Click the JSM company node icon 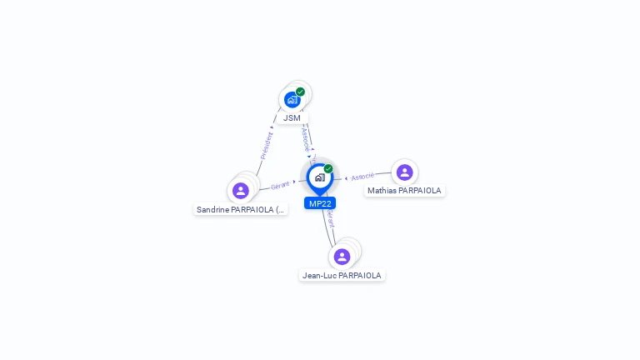[x=292, y=100]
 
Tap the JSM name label [x=292, y=118]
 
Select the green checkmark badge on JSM [x=300, y=92]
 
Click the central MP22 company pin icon [x=319, y=177]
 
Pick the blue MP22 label [x=320, y=203]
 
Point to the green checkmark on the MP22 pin [x=328, y=169]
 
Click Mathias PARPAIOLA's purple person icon [x=404, y=172]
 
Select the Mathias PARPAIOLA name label [x=404, y=191]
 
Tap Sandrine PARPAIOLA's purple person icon [x=241, y=191]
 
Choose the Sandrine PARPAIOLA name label [x=241, y=210]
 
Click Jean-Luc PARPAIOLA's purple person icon [x=342, y=257]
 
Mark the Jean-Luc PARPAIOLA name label [x=342, y=276]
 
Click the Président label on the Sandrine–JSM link [x=267, y=144]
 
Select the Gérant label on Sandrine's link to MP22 [x=280, y=185]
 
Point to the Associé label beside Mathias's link [x=362, y=177]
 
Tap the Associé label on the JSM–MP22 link [x=305, y=138]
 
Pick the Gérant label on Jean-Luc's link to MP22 [x=330, y=219]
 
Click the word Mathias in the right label [x=382, y=191]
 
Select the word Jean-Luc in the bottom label [x=319, y=276]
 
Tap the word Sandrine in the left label [x=212, y=210]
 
